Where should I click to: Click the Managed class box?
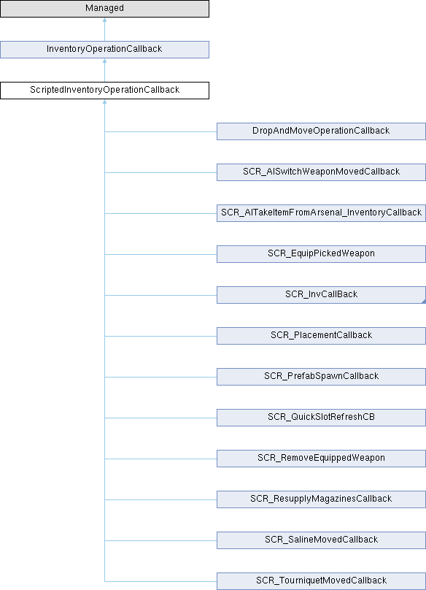click(104, 8)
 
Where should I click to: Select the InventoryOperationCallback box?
click(104, 50)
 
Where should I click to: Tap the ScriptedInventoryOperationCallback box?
click(104, 91)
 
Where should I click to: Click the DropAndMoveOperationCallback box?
click(321, 131)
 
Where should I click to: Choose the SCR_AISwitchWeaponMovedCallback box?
click(321, 172)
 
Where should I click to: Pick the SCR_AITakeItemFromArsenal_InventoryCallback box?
click(321, 213)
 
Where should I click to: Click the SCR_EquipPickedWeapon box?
click(321, 254)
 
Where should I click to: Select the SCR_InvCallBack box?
click(321, 295)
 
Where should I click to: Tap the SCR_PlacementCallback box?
click(321, 336)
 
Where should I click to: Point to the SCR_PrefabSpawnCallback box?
click(321, 377)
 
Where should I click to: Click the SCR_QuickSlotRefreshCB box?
click(321, 418)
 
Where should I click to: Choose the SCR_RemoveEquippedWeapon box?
click(321, 459)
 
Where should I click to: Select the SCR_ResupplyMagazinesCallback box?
click(321, 499)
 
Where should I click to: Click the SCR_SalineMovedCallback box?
click(321, 540)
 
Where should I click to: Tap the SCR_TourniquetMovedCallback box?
click(321, 581)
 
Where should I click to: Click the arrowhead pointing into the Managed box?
click(104, 20)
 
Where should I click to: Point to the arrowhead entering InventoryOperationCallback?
click(104, 61)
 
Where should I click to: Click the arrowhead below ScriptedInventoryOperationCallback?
click(104, 101)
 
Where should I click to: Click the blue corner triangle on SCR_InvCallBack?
click(424, 302)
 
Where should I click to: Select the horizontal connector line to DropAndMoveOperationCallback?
click(160, 131)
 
